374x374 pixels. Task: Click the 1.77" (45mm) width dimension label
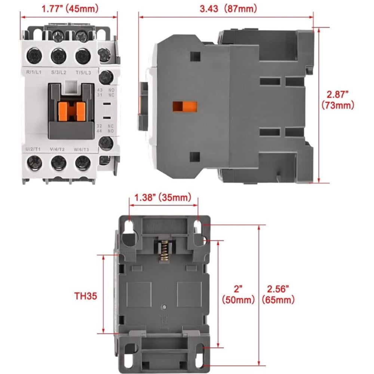(70, 9)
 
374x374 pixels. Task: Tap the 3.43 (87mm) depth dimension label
(228, 9)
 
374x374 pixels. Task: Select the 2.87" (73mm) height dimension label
(338, 100)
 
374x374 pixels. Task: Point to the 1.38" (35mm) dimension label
(163, 197)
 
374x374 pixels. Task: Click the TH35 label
(86, 296)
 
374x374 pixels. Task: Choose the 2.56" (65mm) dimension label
(278, 294)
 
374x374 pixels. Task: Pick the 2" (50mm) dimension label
(238, 294)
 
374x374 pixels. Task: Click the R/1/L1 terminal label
(34, 72)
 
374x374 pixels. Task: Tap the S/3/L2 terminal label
(59, 72)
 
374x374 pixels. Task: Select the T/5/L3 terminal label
(83, 73)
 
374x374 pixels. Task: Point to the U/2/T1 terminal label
(33, 149)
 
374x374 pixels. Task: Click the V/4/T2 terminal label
(57, 149)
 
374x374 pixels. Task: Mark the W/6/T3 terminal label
(81, 150)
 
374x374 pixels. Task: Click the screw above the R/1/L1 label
(34, 56)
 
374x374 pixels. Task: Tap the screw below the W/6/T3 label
(83, 163)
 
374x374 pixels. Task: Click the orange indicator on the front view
(72, 111)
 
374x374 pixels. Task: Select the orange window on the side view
(185, 107)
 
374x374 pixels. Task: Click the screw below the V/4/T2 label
(58, 163)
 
